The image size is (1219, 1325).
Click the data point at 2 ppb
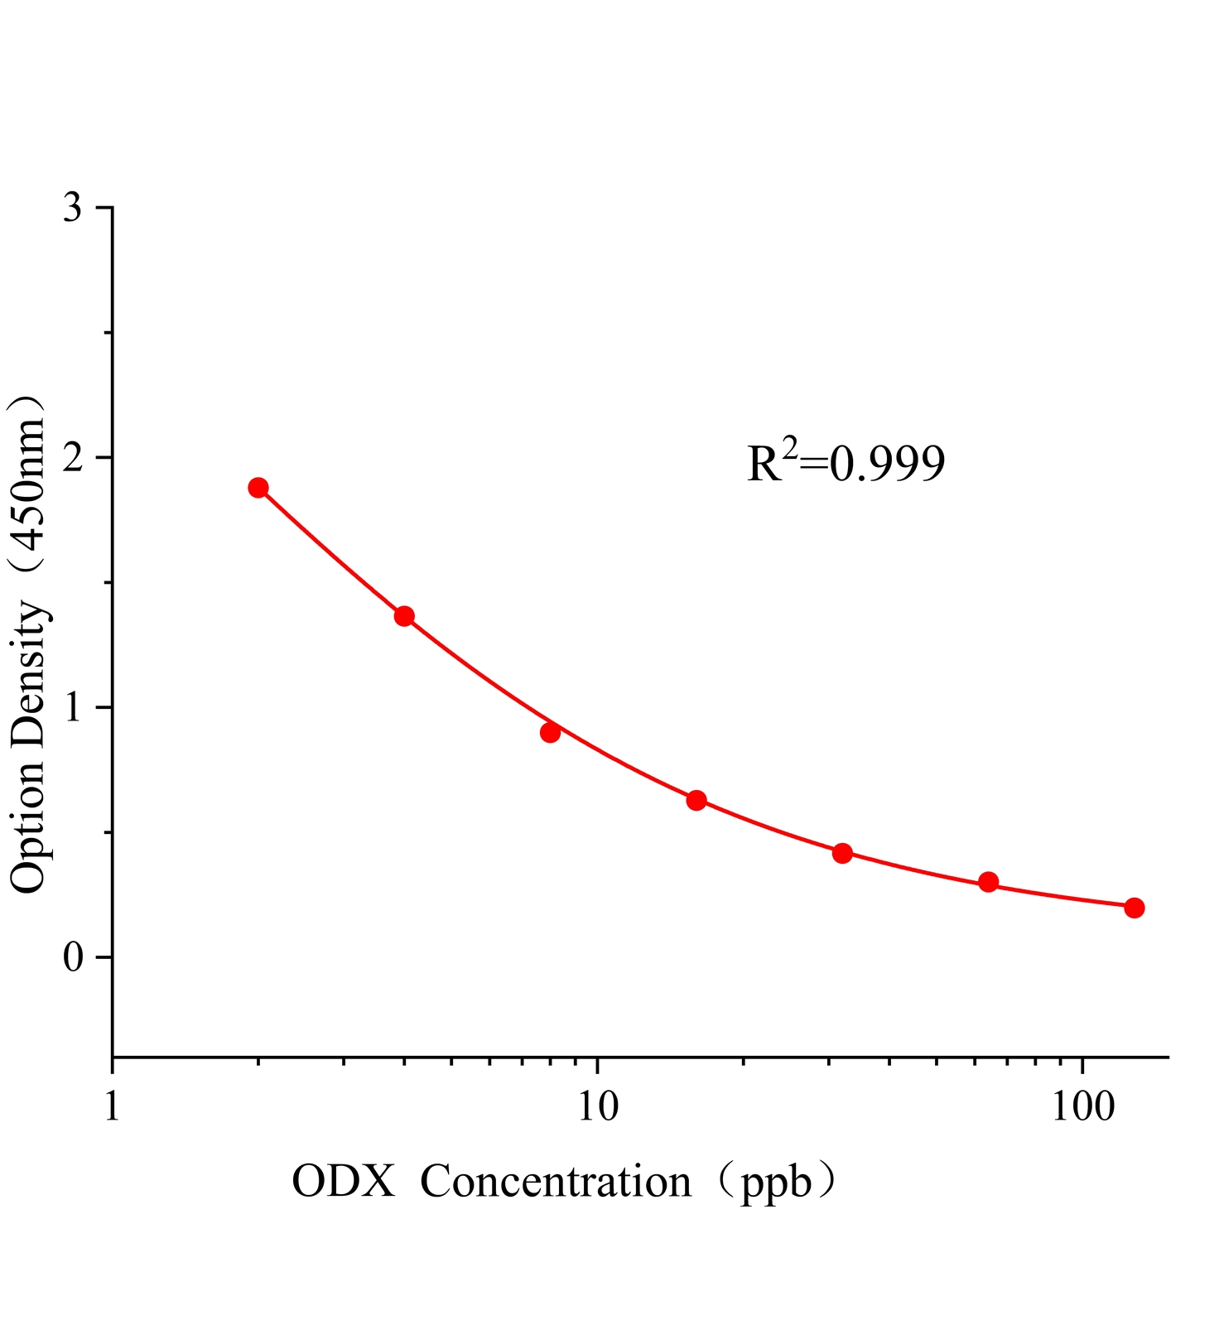tap(258, 488)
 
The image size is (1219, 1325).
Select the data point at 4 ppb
tap(404, 616)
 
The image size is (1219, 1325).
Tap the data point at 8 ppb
tap(550, 733)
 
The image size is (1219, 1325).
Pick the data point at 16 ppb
tap(696, 800)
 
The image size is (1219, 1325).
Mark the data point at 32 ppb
tap(842, 853)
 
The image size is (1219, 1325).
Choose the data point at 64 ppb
tap(988, 882)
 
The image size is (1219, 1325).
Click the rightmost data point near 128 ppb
tap(1135, 908)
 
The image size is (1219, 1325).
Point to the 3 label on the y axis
tap(73, 208)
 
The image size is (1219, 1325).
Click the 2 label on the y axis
tap(73, 458)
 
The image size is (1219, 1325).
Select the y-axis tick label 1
tap(73, 708)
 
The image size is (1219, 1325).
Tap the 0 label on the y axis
tap(73, 958)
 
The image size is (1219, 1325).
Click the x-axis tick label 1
tap(113, 1106)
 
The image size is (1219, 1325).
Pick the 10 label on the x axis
tap(598, 1106)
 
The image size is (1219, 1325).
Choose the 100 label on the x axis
tap(1083, 1106)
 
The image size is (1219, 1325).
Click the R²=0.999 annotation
tap(846, 464)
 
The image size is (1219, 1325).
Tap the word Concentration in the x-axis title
tap(556, 1182)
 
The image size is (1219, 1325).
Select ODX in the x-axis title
tap(344, 1182)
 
